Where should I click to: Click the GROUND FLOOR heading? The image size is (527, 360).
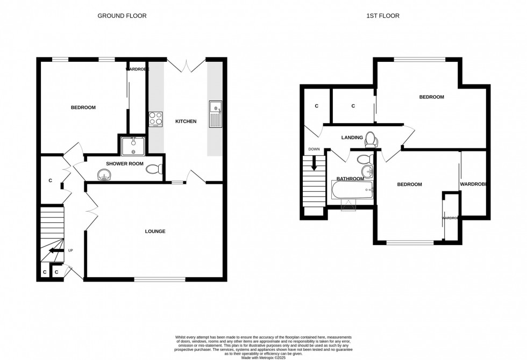122,16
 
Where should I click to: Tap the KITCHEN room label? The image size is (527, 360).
186,121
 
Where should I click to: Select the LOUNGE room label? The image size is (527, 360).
155,232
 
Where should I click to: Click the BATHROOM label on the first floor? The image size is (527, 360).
350,178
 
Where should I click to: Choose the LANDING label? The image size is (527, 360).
352,138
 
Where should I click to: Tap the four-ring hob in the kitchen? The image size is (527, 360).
155,118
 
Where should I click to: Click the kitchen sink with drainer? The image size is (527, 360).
216,114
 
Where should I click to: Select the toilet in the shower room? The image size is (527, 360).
154,169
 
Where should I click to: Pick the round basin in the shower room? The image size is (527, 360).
103,174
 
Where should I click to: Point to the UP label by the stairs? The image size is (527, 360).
70,250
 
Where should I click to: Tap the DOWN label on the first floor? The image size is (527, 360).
314,149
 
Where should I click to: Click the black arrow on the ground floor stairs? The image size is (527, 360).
55,250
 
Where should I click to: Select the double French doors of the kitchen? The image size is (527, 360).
186,66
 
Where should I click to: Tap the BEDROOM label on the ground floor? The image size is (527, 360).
83,107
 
